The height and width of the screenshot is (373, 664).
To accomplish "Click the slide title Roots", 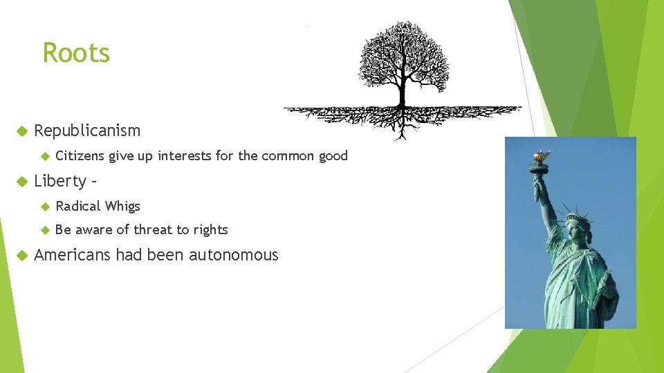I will click(x=76, y=53).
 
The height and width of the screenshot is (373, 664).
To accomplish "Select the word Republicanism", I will click(x=87, y=131).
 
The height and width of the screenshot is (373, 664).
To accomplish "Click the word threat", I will click(x=153, y=230).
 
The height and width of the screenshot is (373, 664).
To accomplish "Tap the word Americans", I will click(x=72, y=256).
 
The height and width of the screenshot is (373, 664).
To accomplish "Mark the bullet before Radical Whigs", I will click(x=45, y=207).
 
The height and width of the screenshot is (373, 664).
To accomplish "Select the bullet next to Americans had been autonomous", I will click(x=21, y=256).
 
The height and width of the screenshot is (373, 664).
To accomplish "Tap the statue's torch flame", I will click(x=542, y=155).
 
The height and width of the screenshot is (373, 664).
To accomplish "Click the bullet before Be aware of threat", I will click(x=45, y=230).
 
